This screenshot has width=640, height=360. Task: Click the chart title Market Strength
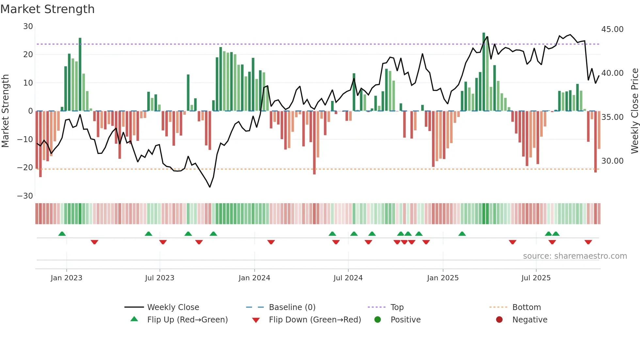tap(47, 9)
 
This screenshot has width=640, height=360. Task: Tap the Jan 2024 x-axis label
tap(254, 278)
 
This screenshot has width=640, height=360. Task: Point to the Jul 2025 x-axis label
tap(536, 278)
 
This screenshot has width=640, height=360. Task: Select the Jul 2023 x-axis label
tap(160, 278)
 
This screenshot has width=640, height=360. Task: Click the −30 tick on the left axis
tap(25, 196)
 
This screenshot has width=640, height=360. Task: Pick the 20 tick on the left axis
tap(28, 55)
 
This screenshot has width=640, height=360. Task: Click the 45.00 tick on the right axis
tap(612, 29)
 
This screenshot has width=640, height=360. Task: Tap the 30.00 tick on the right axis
tap(612, 161)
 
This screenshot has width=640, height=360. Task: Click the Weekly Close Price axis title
tap(634, 111)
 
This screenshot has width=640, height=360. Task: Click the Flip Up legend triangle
tap(134, 319)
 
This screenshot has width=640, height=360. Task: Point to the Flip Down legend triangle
tap(256, 320)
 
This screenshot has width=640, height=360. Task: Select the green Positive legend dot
tap(377, 319)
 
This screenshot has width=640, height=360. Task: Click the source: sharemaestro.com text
tap(575, 256)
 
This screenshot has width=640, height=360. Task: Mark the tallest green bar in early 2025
tap(484, 72)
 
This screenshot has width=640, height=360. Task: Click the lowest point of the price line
tap(210, 187)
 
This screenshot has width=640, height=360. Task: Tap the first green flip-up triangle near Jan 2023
tap(62, 234)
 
